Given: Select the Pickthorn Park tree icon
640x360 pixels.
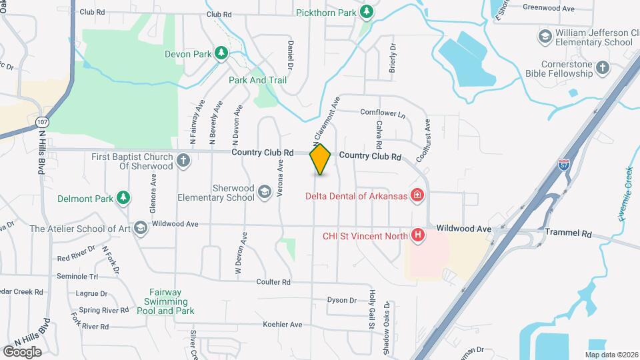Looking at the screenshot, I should point(366,11).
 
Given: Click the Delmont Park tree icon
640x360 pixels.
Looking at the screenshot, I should point(123,197).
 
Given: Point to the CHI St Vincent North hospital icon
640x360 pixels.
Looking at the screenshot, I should point(418,235).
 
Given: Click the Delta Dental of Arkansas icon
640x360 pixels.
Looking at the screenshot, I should point(417,195).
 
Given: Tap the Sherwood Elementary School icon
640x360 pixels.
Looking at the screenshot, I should point(264,193).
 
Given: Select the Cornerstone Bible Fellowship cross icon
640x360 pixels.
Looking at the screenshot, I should point(603,67).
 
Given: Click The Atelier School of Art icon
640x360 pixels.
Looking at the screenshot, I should point(140,229).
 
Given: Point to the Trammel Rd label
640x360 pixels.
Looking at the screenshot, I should point(568,234).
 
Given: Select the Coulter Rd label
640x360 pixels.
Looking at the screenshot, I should point(273,282).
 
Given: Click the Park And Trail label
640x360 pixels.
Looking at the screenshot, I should point(257,80).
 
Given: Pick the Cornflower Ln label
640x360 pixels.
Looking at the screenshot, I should point(383,113).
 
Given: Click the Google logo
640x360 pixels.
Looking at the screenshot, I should point(23,351).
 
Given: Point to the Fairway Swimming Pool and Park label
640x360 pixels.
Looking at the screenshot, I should point(165,305).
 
